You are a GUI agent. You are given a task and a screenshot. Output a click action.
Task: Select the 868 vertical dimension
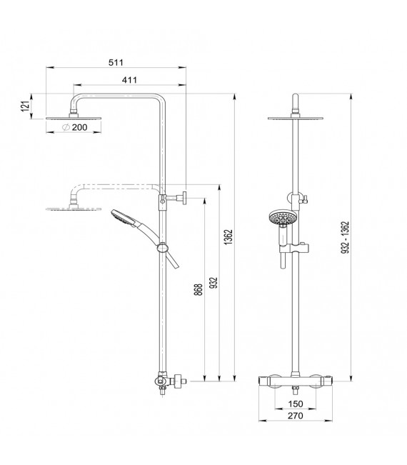pyautogui.click(x=197, y=289)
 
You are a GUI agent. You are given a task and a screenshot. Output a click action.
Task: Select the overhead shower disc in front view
pyautogui.click(x=293, y=118)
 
